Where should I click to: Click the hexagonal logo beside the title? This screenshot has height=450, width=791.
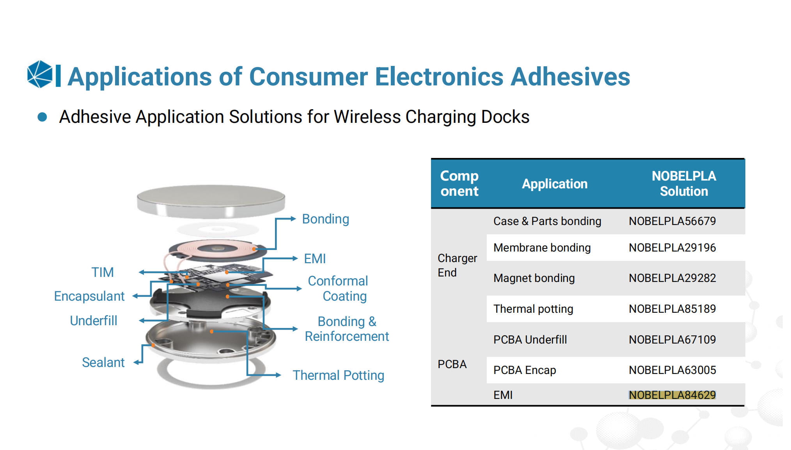point(40,74)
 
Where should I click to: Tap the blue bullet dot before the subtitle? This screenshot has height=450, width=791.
point(42,117)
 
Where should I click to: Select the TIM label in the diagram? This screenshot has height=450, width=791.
point(103,272)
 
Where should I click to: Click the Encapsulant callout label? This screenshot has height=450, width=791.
point(89,296)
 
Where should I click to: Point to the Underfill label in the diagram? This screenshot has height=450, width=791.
point(94,321)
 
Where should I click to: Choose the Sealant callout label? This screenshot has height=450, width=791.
point(103,362)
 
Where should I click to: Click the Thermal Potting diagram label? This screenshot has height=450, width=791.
point(338,375)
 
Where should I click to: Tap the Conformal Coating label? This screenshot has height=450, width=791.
point(338,288)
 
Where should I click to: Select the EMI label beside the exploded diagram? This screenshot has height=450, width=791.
point(315,259)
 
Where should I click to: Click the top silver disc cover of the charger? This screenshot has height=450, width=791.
point(211,200)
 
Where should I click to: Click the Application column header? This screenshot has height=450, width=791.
point(555,184)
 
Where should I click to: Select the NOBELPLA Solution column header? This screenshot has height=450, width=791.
point(684,183)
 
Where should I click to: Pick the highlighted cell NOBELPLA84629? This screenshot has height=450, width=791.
point(672,395)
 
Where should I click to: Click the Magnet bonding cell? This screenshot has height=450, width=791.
point(534,278)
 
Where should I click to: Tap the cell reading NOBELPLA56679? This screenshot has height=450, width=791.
point(672,221)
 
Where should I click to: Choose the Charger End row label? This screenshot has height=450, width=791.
point(457,265)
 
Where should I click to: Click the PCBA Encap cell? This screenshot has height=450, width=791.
point(525,370)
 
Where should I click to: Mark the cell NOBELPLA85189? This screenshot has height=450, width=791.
point(672,309)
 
